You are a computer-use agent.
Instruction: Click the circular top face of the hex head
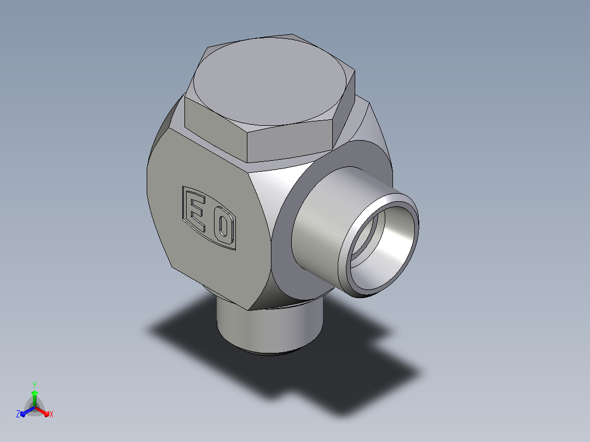click(x=269, y=81)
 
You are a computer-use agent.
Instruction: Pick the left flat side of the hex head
click(x=215, y=128)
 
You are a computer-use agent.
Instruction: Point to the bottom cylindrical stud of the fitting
click(x=269, y=327)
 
